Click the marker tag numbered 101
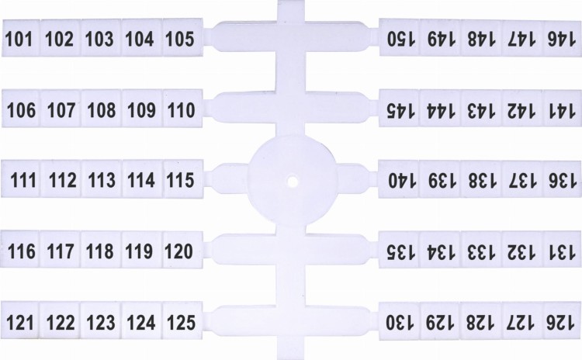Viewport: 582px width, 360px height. [x=21, y=38]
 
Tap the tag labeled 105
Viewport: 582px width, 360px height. [x=182, y=38]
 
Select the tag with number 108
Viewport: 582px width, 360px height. [x=102, y=109]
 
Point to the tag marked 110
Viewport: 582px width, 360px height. [x=182, y=109]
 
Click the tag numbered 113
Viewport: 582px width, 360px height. [x=102, y=179]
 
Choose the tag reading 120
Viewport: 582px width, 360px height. [x=182, y=249]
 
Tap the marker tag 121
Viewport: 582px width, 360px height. [x=20, y=320]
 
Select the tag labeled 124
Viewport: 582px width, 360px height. [x=142, y=320]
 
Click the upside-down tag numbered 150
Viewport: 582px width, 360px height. [x=399, y=38]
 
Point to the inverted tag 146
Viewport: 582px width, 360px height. [x=563, y=38]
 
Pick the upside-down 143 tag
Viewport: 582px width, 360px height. [x=481, y=109]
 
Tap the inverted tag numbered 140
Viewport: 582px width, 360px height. [x=399, y=180]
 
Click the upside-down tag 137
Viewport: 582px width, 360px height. [x=522, y=180]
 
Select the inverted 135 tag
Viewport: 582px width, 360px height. [x=399, y=250]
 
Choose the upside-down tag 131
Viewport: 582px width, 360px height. [x=563, y=250]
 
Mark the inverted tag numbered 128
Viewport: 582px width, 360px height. [x=481, y=321]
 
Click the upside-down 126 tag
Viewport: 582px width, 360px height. [x=563, y=321]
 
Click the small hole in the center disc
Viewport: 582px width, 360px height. [x=293, y=182]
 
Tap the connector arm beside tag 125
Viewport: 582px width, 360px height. [x=241, y=320]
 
